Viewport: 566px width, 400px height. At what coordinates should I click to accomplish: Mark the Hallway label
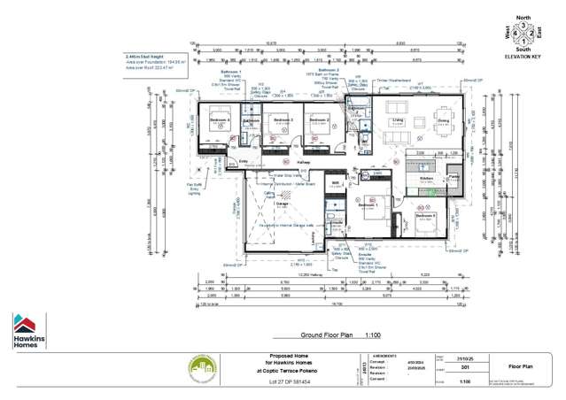point(303,164)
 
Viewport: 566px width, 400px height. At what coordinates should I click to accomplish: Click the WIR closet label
point(336,183)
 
